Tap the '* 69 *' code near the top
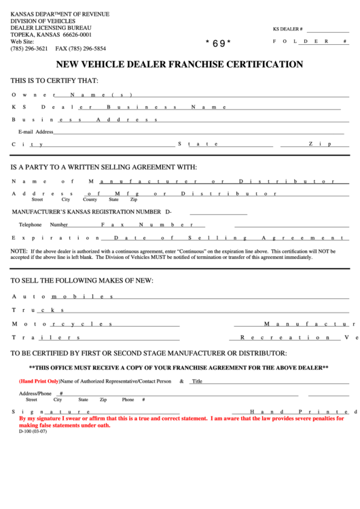coord(218,43)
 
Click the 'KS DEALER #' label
coord(287,30)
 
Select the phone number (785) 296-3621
coord(29,49)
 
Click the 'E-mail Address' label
coord(35,132)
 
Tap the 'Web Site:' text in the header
coord(22,41)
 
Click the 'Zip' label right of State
coord(319,144)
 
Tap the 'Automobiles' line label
coord(61,297)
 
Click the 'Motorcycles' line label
coord(61,323)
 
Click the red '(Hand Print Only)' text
coord(39,381)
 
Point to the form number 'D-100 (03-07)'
coord(33,432)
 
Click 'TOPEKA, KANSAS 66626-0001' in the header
coord(51,34)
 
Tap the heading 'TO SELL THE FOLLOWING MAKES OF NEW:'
coord(82,281)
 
